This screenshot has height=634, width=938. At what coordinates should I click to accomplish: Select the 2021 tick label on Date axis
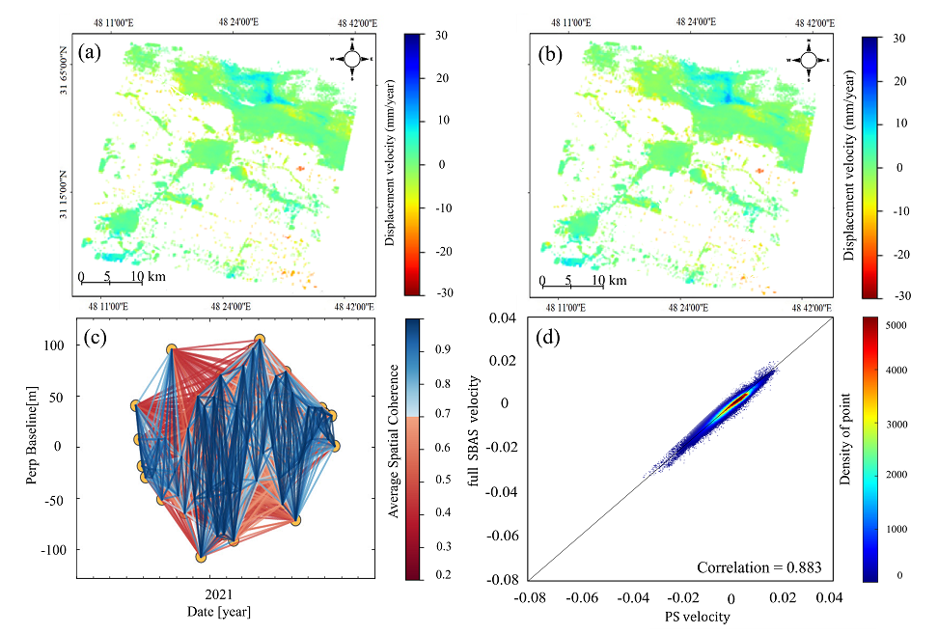click(210, 594)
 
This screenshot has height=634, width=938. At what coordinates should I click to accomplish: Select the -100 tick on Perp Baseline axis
click(57, 549)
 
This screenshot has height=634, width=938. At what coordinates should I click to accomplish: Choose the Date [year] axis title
click(211, 611)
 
